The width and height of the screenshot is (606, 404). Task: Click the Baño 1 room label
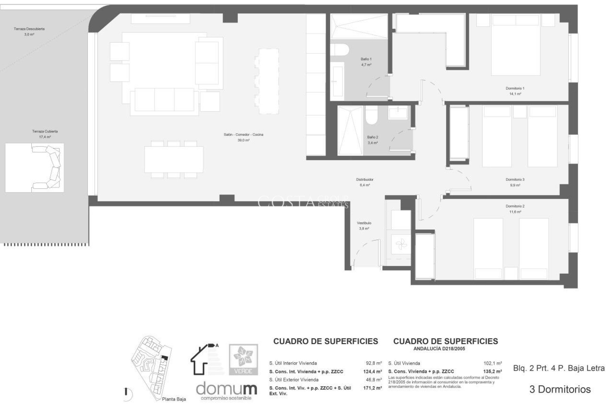pyautogui.click(x=366, y=59)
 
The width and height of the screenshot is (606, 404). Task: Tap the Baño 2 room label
pyautogui.click(x=372, y=137)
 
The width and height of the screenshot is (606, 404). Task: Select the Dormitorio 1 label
pyautogui.click(x=515, y=88)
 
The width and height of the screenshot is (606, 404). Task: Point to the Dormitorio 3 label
pyautogui.click(x=515, y=180)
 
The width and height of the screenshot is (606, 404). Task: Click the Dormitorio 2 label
pyautogui.click(x=515, y=206)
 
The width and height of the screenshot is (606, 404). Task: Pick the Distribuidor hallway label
pyautogui.click(x=365, y=180)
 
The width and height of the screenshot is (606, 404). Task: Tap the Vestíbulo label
pyautogui.click(x=364, y=223)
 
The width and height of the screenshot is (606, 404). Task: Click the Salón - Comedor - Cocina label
pyautogui.click(x=243, y=135)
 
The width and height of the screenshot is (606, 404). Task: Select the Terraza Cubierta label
pyautogui.click(x=45, y=131)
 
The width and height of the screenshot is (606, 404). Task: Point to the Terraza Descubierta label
pyautogui.click(x=29, y=29)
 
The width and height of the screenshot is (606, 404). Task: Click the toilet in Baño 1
pyautogui.click(x=340, y=50)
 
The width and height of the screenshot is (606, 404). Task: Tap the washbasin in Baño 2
pyautogui.click(x=398, y=113)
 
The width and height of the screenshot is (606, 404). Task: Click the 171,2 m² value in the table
pyautogui.click(x=372, y=388)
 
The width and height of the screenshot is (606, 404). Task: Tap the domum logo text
pyautogui.click(x=226, y=389)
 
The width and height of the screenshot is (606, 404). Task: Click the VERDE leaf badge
pyautogui.click(x=243, y=360)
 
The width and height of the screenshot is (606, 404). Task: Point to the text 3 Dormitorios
pyautogui.click(x=560, y=389)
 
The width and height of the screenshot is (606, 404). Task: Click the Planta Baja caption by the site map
pyautogui.click(x=174, y=399)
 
